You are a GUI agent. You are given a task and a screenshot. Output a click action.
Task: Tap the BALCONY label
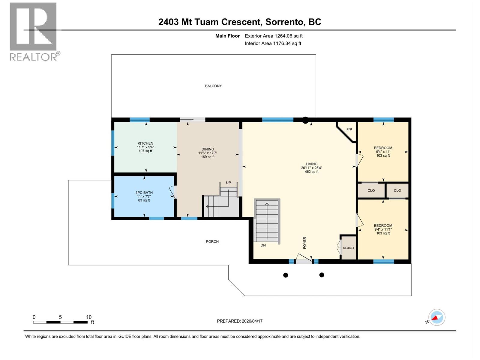click(x=213, y=86)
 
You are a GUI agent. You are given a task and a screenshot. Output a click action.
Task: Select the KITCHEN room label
click(x=145, y=143)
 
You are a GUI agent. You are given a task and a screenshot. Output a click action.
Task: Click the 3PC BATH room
click(x=144, y=196)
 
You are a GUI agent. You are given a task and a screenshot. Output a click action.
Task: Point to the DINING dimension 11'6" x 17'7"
click(x=208, y=153)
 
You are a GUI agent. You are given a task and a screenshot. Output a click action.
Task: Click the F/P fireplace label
click(x=349, y=130)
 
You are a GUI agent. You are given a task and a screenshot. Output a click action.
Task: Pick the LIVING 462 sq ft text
click(x=311, y=172)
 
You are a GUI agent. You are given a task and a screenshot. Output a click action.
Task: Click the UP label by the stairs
click(x=229, y=183)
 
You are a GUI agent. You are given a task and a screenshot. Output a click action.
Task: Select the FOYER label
click(x=304, y=243)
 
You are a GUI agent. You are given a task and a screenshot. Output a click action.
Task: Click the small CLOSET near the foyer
click(x=349, y=248)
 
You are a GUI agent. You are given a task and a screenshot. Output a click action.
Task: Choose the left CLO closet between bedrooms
click(x=371, y=190)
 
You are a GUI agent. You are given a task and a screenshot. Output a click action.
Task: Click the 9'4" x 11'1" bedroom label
click(x=383, y=229)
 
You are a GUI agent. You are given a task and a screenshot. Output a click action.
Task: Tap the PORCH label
click(x=212, y=241)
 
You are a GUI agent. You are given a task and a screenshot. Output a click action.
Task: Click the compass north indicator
click(x=436, y=317)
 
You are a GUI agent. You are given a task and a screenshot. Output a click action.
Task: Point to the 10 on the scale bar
click(x=89, y=317)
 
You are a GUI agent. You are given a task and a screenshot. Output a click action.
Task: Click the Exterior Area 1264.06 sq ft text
click(x=274, y=36)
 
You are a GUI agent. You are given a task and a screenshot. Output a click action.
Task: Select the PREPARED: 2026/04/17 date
click(x=240, y=321)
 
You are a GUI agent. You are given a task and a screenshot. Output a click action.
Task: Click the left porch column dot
click(x=286, y=275)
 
